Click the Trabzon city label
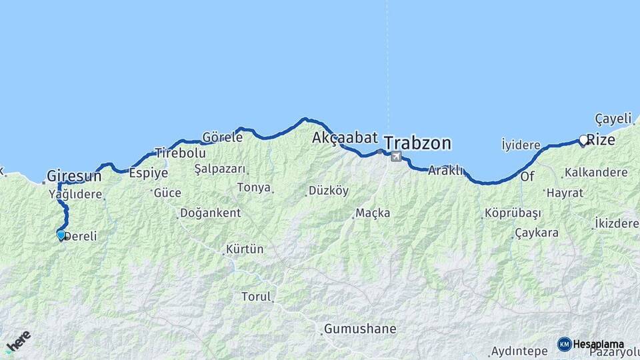pos(418,143)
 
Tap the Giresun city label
pos(74,177)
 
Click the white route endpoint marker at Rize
pos(583,140)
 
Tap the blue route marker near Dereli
pos(61,235)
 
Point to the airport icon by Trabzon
pos(397,157)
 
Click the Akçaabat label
pos(345,138)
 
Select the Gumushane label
pos(360,329)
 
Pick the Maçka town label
pos(373,213)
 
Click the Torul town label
pos(256,297)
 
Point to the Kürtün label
pos(245,249)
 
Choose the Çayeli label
pos(613,119)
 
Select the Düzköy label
pos(329,191)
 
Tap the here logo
pos(18,341)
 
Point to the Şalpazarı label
pos(220,169)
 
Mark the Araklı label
pos(445,170)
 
